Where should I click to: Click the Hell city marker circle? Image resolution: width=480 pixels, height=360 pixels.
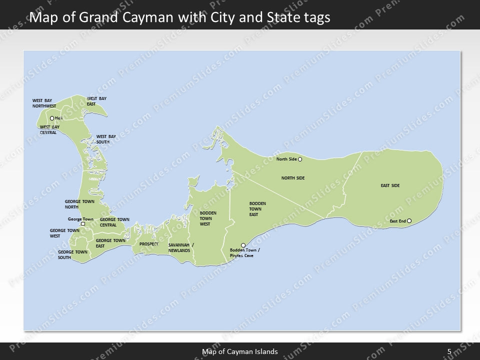(x=51, y=118)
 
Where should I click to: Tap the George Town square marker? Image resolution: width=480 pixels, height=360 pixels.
(x=83, y=224)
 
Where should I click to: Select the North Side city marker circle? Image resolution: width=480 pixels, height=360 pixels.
(x=300, y=159)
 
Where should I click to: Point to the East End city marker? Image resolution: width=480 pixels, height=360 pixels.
(x=409, y=220)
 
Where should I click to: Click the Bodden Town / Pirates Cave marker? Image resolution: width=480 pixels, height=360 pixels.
(x=243, y=245)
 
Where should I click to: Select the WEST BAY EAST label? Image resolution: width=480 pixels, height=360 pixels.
(x=96, y=101)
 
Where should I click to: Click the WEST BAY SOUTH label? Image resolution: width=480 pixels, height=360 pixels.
(x=106, y=138)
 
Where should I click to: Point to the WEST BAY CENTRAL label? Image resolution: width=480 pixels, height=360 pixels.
(x=49, y=129)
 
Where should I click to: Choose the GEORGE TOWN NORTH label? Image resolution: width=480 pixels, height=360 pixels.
(x=79, y=203)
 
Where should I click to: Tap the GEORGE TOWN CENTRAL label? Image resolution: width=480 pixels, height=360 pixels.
(x=114, y=222)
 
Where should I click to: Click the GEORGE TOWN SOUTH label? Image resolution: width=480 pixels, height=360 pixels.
(x=72, y=254)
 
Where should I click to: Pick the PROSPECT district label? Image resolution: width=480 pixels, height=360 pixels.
(x=149, y=244)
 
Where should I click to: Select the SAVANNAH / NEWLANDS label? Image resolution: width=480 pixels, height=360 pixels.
(x=181, y=247)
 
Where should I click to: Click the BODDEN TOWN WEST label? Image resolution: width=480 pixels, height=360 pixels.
(x=204, y=218)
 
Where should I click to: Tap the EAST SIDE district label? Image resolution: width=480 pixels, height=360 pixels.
(x=390, y=185)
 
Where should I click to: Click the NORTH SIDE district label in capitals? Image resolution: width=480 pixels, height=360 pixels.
(x=293, y=178)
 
